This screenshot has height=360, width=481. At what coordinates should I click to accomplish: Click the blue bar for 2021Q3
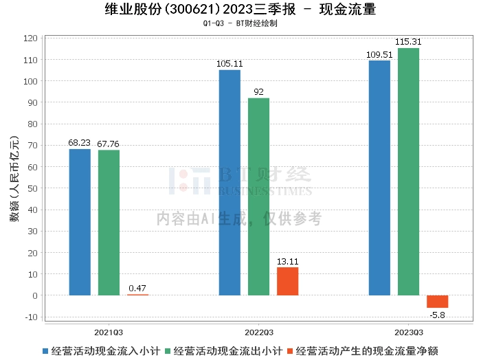click(x=80, y=222)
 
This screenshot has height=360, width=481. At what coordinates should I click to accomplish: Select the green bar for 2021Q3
click(x=109, y=223)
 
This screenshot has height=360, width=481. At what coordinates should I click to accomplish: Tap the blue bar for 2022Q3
click(x=230, y=183)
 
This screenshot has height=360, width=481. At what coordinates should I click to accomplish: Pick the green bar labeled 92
click(x=258, y=196)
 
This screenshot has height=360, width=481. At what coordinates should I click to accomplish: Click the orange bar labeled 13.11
click(x=287, y=281)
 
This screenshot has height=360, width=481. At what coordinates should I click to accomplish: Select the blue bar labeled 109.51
click(x=379, y=178)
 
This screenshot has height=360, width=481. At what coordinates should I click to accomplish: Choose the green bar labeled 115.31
click(x=408, y=172)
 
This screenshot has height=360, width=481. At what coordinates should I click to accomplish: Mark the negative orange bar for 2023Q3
click(x=437, y=302)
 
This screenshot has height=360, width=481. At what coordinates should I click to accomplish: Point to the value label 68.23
click(x=80, y=143)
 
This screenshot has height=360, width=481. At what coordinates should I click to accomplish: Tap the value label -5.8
click(x=437, y=315)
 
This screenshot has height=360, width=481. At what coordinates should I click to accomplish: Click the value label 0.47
click(x=137, y=288)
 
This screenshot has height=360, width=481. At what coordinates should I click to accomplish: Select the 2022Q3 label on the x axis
click(x=258, y=330)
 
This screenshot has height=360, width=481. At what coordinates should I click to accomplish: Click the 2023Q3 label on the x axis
click(x=408, y=330)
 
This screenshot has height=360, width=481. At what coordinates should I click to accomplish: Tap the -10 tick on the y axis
click(x=31, y=317)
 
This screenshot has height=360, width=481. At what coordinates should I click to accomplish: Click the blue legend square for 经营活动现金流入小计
click(x=46, y=350)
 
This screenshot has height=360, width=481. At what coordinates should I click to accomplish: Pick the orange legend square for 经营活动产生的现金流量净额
click(x=291, y=350)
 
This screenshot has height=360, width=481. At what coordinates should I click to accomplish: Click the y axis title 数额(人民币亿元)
click(x=13, y=180)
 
